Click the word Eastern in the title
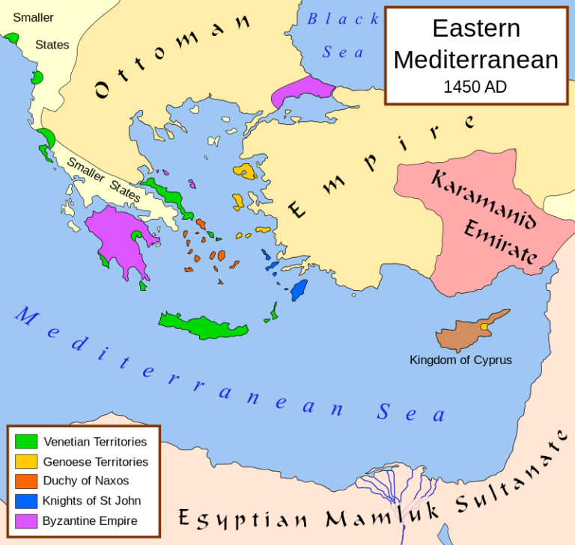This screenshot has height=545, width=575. [x=475, y=28]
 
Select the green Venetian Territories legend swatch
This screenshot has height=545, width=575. [x=26, y=441]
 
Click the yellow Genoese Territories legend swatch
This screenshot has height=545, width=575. [x=26, y=461]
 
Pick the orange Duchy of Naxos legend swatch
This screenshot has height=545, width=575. [x=26, y=481]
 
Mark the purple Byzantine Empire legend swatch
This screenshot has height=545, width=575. [x=26, y=520]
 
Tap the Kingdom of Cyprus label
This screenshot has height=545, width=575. [x=460, y=360]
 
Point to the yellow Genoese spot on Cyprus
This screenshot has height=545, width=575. [x=484, y=327]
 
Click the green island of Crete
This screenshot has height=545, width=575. [x=202, y=326]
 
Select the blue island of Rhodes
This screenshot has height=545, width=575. [x=299, y=289]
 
